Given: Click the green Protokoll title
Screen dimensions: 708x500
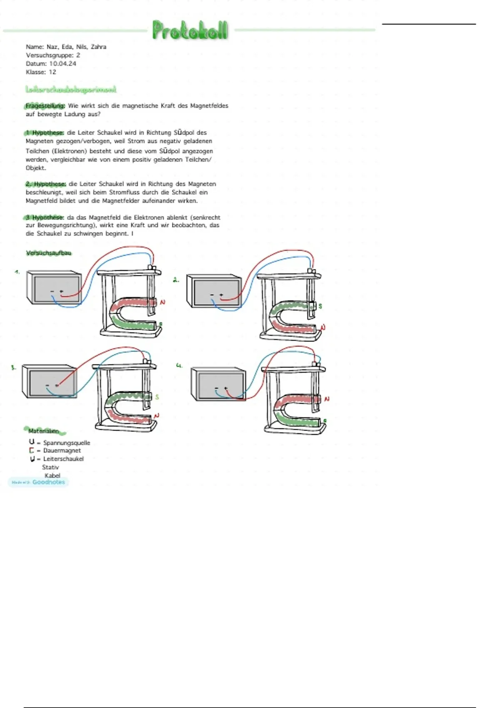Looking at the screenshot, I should [x=190, y=30].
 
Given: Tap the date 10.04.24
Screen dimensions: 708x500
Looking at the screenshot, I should [x=62, y=64].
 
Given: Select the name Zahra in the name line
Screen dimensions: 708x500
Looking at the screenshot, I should [x=99, y=47].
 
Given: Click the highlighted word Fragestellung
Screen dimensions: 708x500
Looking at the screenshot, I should [x=45, y=106].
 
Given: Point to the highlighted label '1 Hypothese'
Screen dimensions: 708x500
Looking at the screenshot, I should [x=44, y=133].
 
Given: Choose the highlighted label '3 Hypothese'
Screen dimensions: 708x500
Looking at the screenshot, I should [x=44, y=217].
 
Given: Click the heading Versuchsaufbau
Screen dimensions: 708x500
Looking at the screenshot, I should [x=49, y=253].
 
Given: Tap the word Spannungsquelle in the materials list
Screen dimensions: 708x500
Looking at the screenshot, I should [x=67, y=443].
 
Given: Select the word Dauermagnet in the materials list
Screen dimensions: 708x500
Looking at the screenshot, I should [x=62, y=451].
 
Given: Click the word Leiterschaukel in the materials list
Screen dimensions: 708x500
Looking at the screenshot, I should [x=63, y=459].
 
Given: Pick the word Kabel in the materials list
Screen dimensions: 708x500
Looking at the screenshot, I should [x=52, y=476].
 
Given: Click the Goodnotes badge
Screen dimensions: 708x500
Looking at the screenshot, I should [x=38, y=482].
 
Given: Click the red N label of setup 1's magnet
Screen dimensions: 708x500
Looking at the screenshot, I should [x=162, y=302].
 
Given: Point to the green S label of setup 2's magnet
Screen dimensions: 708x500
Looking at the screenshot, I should [x=320, y=306].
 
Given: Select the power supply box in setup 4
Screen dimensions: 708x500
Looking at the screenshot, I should [x=218, y=384].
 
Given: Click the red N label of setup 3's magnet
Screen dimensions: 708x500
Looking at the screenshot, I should [x=157, y=416].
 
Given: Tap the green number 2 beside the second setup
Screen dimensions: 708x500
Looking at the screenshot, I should [x=176, y=280].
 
